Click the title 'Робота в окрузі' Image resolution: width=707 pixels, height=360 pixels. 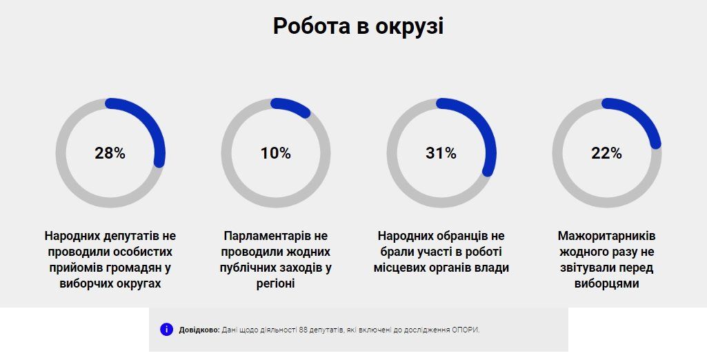(x=358, y=26)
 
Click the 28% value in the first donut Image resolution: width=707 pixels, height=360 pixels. (x=110, y=153)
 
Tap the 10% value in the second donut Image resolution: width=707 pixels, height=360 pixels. (x=275, y=153)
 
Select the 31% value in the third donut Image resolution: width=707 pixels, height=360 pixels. (x=441, y=153)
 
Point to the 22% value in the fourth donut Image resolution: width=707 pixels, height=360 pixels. (x=606, y=153)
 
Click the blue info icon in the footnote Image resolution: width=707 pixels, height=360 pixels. (x=166, y=330)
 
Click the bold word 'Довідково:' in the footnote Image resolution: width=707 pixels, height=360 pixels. (x=199, y=330)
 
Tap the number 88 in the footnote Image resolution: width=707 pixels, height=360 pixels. (x=303, y=330)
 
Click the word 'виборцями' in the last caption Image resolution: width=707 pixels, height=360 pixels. (x=606, y=283)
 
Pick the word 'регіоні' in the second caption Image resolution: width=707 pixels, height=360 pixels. (x=275, y=283)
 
